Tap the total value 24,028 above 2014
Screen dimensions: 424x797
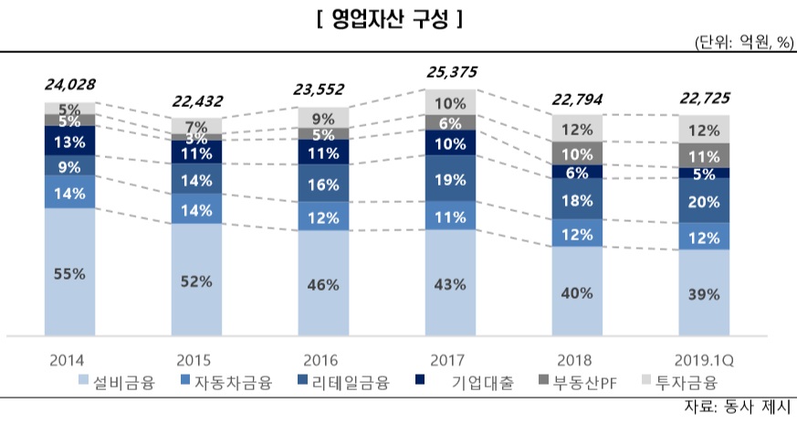point(69,85)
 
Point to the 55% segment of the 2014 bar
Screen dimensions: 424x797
point(69,272)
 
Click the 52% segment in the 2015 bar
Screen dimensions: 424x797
point(196,281)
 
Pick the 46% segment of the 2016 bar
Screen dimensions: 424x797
point(324,284)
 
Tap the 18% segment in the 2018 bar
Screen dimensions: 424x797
point(578,200)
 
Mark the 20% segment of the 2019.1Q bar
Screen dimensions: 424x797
point(705,201)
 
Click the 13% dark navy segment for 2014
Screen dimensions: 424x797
point(69,141)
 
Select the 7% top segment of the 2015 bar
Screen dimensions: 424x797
point(196,126)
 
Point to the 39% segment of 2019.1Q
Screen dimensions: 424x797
point(705,293)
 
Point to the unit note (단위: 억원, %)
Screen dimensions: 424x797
point(744,43)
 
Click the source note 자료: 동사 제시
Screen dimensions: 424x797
point(739,407)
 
